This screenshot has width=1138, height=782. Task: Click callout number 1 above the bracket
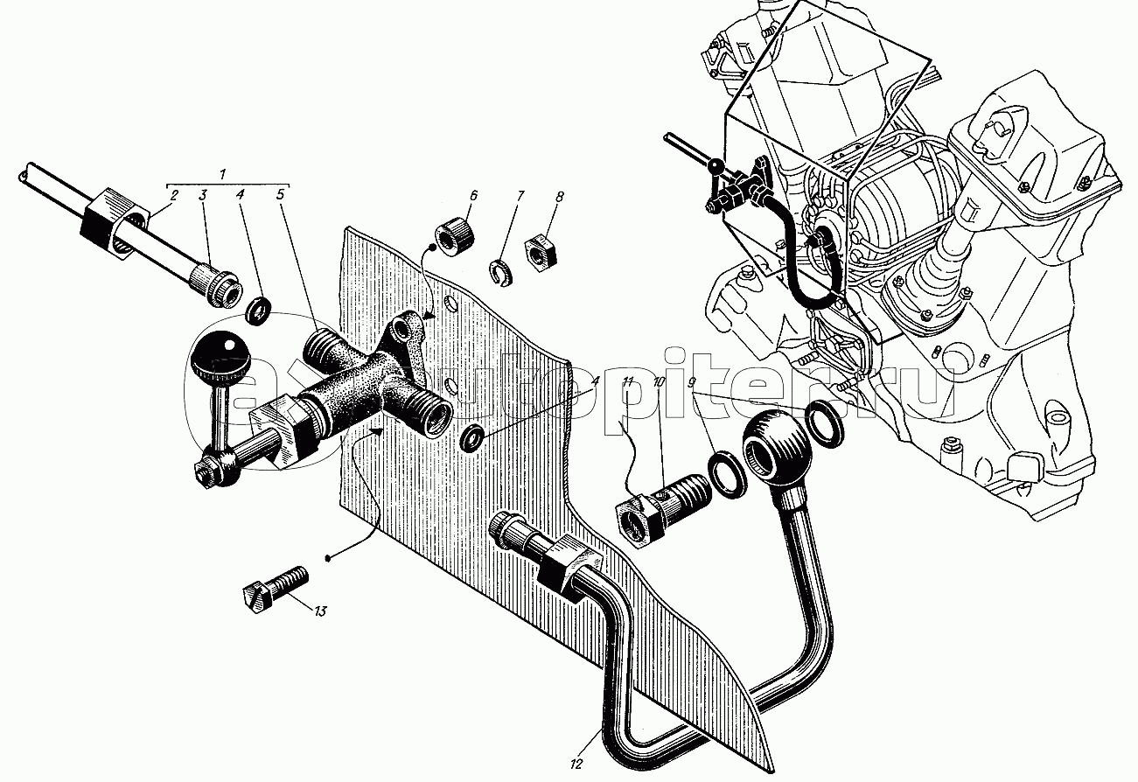coord(222,174)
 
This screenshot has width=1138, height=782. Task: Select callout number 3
coord(203,194)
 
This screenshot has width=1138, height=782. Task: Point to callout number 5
coord(281,194)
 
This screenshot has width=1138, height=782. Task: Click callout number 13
coord(319,611)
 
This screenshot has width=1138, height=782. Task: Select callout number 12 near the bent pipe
coord(576,764)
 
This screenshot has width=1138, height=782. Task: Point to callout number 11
coord(628,381)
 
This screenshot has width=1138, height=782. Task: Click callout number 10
coord(659,382)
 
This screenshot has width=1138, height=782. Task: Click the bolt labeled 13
coord(276,590)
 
